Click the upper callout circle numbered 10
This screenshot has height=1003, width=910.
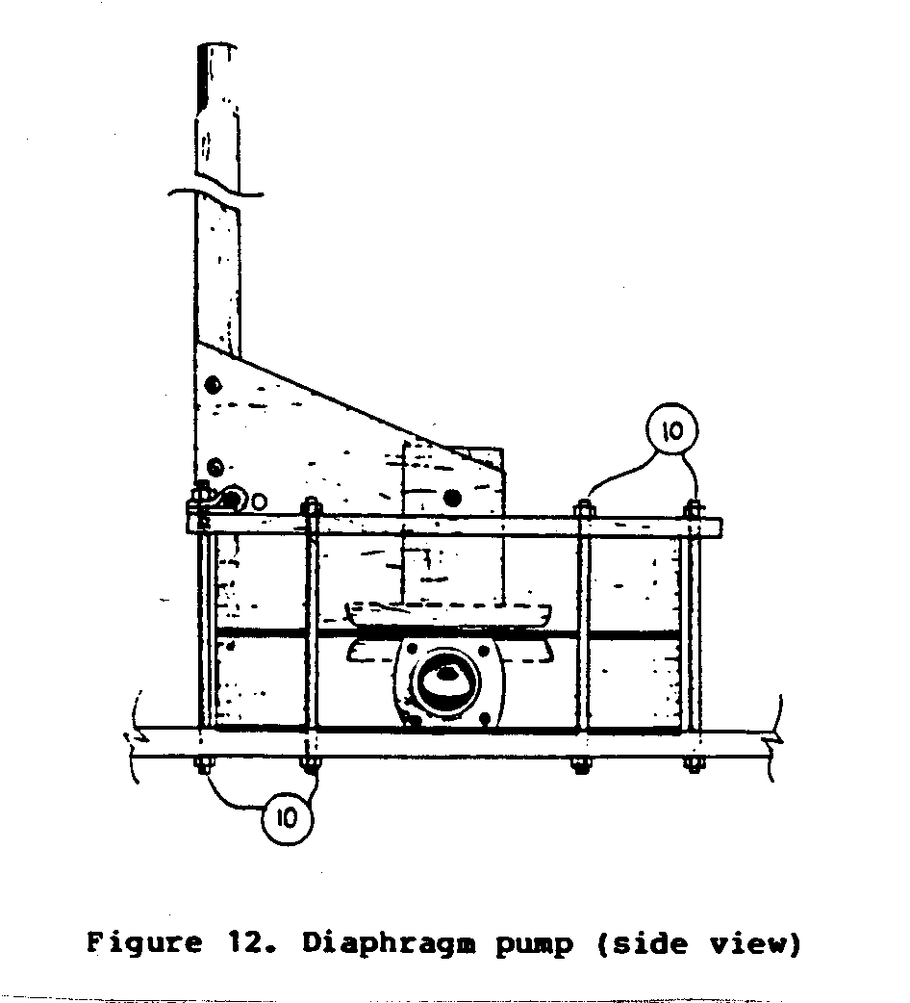coord(671,430)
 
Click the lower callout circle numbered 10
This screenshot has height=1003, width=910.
coord(287,817)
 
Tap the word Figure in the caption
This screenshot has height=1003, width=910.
coord(144,943)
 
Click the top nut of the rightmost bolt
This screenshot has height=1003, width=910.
coord(694,510)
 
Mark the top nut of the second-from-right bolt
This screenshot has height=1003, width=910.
coord(584,510)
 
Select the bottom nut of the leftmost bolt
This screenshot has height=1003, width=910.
coord(204,765)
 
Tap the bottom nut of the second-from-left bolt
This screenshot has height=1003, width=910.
coord(310,764)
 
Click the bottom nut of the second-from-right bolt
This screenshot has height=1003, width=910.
coord(580,764)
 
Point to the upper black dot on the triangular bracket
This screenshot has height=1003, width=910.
coord(213,384)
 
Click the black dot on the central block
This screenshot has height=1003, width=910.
coord(453,497)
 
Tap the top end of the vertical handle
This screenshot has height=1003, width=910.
coord(218,46)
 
